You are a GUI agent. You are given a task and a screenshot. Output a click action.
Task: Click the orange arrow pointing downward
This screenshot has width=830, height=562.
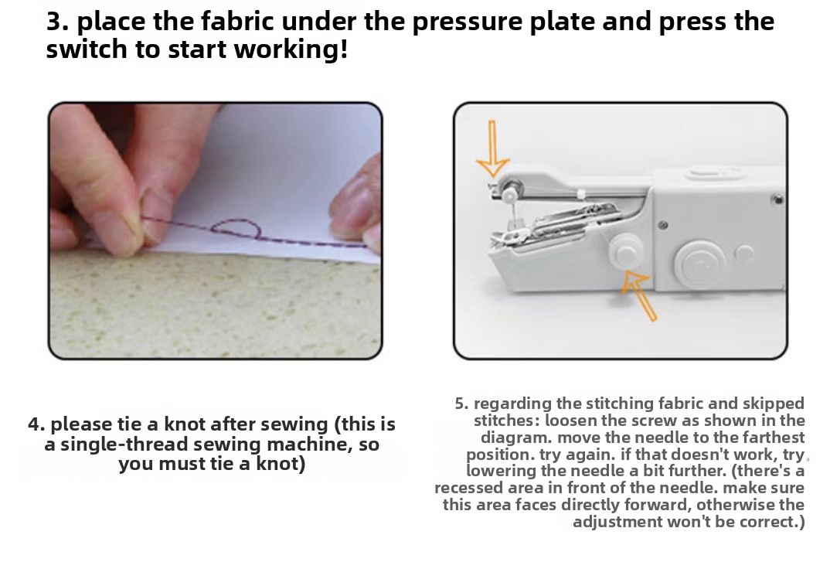click(x=493, y=149)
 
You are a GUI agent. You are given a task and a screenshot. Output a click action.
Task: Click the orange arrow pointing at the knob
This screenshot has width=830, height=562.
click(x=638, y=295)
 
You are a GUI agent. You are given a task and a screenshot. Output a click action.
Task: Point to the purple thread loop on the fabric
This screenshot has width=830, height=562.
click(x=236, y=229)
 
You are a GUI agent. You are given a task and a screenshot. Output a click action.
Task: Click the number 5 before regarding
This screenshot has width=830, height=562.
click(x=461, y=404)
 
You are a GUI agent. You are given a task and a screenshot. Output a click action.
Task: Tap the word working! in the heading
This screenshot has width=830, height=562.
click(x=291, y=49)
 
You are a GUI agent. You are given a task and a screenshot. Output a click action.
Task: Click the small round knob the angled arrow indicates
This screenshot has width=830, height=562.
click(x=624, y=250)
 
